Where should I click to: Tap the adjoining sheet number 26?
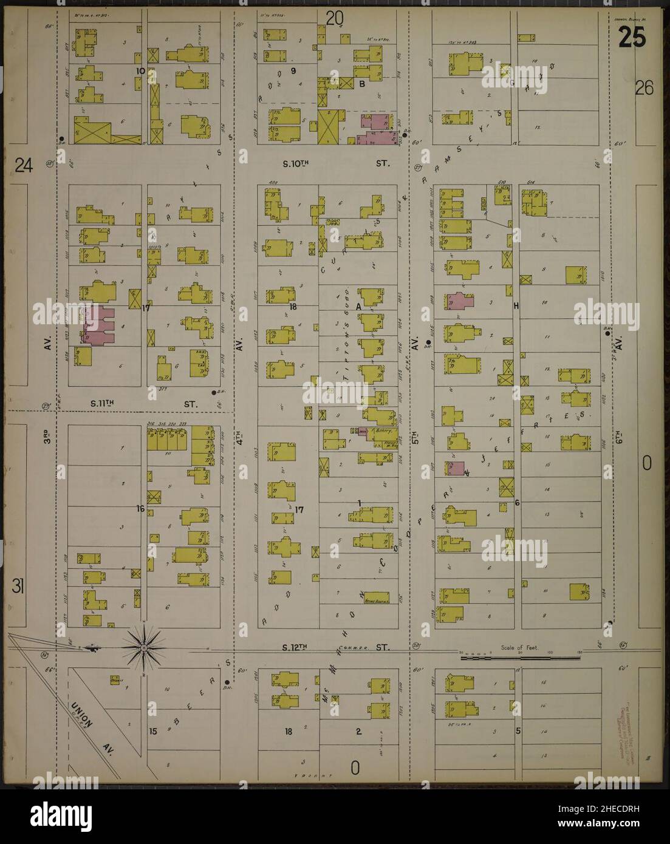(644, 89)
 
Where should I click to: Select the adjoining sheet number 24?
(24, 165)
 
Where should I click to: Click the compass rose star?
(143, 648)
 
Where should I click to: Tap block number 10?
(140, 71)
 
